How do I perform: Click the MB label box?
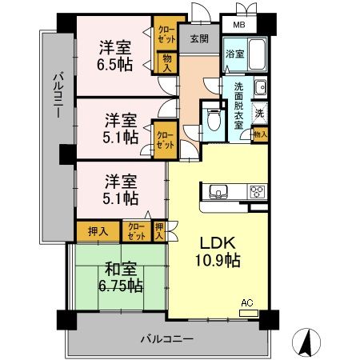(x=239, y=25)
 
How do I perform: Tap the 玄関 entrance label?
(x=199, y=38)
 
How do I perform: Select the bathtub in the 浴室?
(x=257, y=54)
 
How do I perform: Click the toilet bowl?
(x=214, y=119)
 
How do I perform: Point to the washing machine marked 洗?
(x=259, y=113)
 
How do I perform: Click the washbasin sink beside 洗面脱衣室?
(x=261, y=87)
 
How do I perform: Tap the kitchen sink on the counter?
(x=218, y=191)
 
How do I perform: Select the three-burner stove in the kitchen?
(x=258, y=191)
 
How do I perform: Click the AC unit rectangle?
(x=249, y=313)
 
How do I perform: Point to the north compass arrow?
(x=306, y=342)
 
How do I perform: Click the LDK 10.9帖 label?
(x=218, y=251)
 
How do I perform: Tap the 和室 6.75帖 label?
(x=121, y=277)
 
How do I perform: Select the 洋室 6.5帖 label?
(x=114, y=55)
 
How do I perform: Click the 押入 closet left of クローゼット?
(x=98, y=231)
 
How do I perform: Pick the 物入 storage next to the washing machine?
(x=260, y=134)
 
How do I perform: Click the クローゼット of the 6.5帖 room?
(x=166, y=34)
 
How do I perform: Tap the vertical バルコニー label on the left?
(x=58, y=95)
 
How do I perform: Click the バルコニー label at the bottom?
(x=167, y=339)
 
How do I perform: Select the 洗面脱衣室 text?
(x=238, y=106)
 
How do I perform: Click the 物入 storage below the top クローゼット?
(x=167, y=63)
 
